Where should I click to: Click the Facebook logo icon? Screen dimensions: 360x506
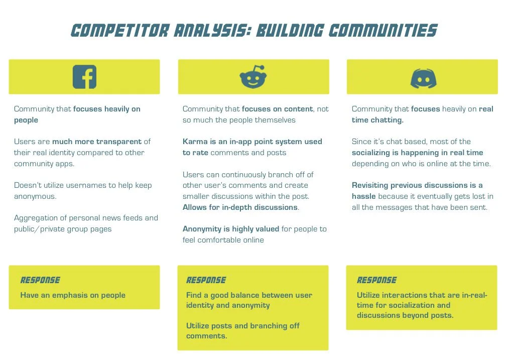(84, 77)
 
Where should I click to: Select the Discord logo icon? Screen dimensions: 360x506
(423, 78)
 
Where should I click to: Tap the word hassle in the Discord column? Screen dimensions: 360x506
(363, 196)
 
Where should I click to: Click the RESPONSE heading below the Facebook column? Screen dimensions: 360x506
(40, 280)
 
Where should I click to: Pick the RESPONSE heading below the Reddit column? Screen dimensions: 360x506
(206, 280)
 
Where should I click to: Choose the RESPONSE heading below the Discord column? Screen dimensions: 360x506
(377, 280)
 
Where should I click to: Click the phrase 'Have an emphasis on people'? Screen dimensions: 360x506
(73, 295)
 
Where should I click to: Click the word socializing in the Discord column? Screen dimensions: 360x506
(374, 153)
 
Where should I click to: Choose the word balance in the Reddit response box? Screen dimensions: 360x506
(251, 295)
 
